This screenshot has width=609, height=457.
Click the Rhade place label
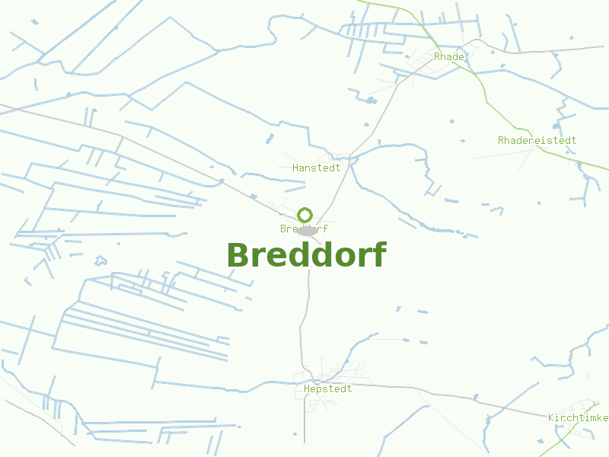[x=448, y=57]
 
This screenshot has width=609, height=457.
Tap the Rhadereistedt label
[x=537, y=140]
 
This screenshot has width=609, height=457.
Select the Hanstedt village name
[x=316, y=168]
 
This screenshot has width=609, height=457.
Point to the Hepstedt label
[x=327, y=388]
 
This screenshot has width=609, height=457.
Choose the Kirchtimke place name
[x=578, y=417]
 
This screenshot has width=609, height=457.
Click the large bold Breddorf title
[x=306, y=255]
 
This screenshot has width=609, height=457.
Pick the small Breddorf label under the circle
[x=304, y=228]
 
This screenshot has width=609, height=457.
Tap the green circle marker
[x=304, y=214]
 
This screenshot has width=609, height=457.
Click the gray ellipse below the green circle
[x=307, y=230]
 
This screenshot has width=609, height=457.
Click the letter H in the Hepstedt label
[x=306, y=388]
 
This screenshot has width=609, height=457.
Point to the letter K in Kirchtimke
[x=551, y=417]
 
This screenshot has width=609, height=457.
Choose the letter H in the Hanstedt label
[x=295, y=168]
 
